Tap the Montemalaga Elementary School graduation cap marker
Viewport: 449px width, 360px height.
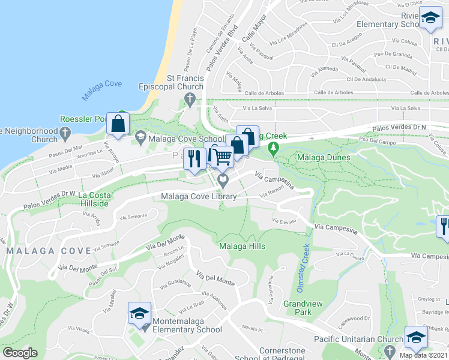click(x=139, y=314)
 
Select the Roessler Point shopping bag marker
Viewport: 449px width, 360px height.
click(x=118, y=124)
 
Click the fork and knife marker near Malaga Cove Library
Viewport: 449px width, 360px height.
click(x=193, y=159)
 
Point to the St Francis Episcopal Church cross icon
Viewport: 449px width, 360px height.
click(x=190, y=98)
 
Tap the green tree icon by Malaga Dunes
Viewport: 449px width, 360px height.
click(x=274, y=148)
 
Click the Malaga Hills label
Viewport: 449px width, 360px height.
click(x=242, y=246)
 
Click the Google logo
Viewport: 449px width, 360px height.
click(x=20, y=353)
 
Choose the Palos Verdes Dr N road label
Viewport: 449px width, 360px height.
click(x=418, y=127)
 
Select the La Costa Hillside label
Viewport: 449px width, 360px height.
click(x=93, y=199)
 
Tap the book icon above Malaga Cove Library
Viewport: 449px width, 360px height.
click(x=223, y=178)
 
